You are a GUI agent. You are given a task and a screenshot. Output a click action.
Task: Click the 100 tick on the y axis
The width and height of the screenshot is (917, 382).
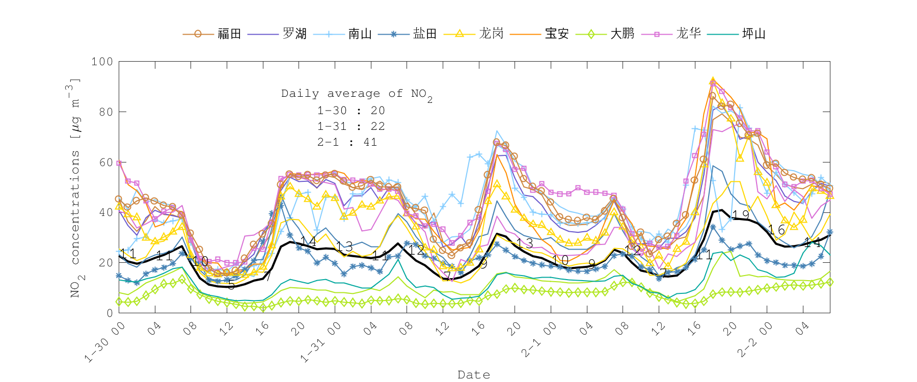tap(102, 62)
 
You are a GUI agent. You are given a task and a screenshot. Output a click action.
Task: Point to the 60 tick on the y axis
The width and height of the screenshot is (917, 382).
tap(106, 162)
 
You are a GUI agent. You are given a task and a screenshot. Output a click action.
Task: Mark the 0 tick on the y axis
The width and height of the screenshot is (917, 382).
tap(110, 313)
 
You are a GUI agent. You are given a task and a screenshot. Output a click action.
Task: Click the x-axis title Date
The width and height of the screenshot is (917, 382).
tap(474, 375)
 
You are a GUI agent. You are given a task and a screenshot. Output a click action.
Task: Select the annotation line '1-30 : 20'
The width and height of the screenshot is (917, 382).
tap(351, 111)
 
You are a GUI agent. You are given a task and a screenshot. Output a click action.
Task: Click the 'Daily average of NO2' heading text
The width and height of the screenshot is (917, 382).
tap(356, 94)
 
